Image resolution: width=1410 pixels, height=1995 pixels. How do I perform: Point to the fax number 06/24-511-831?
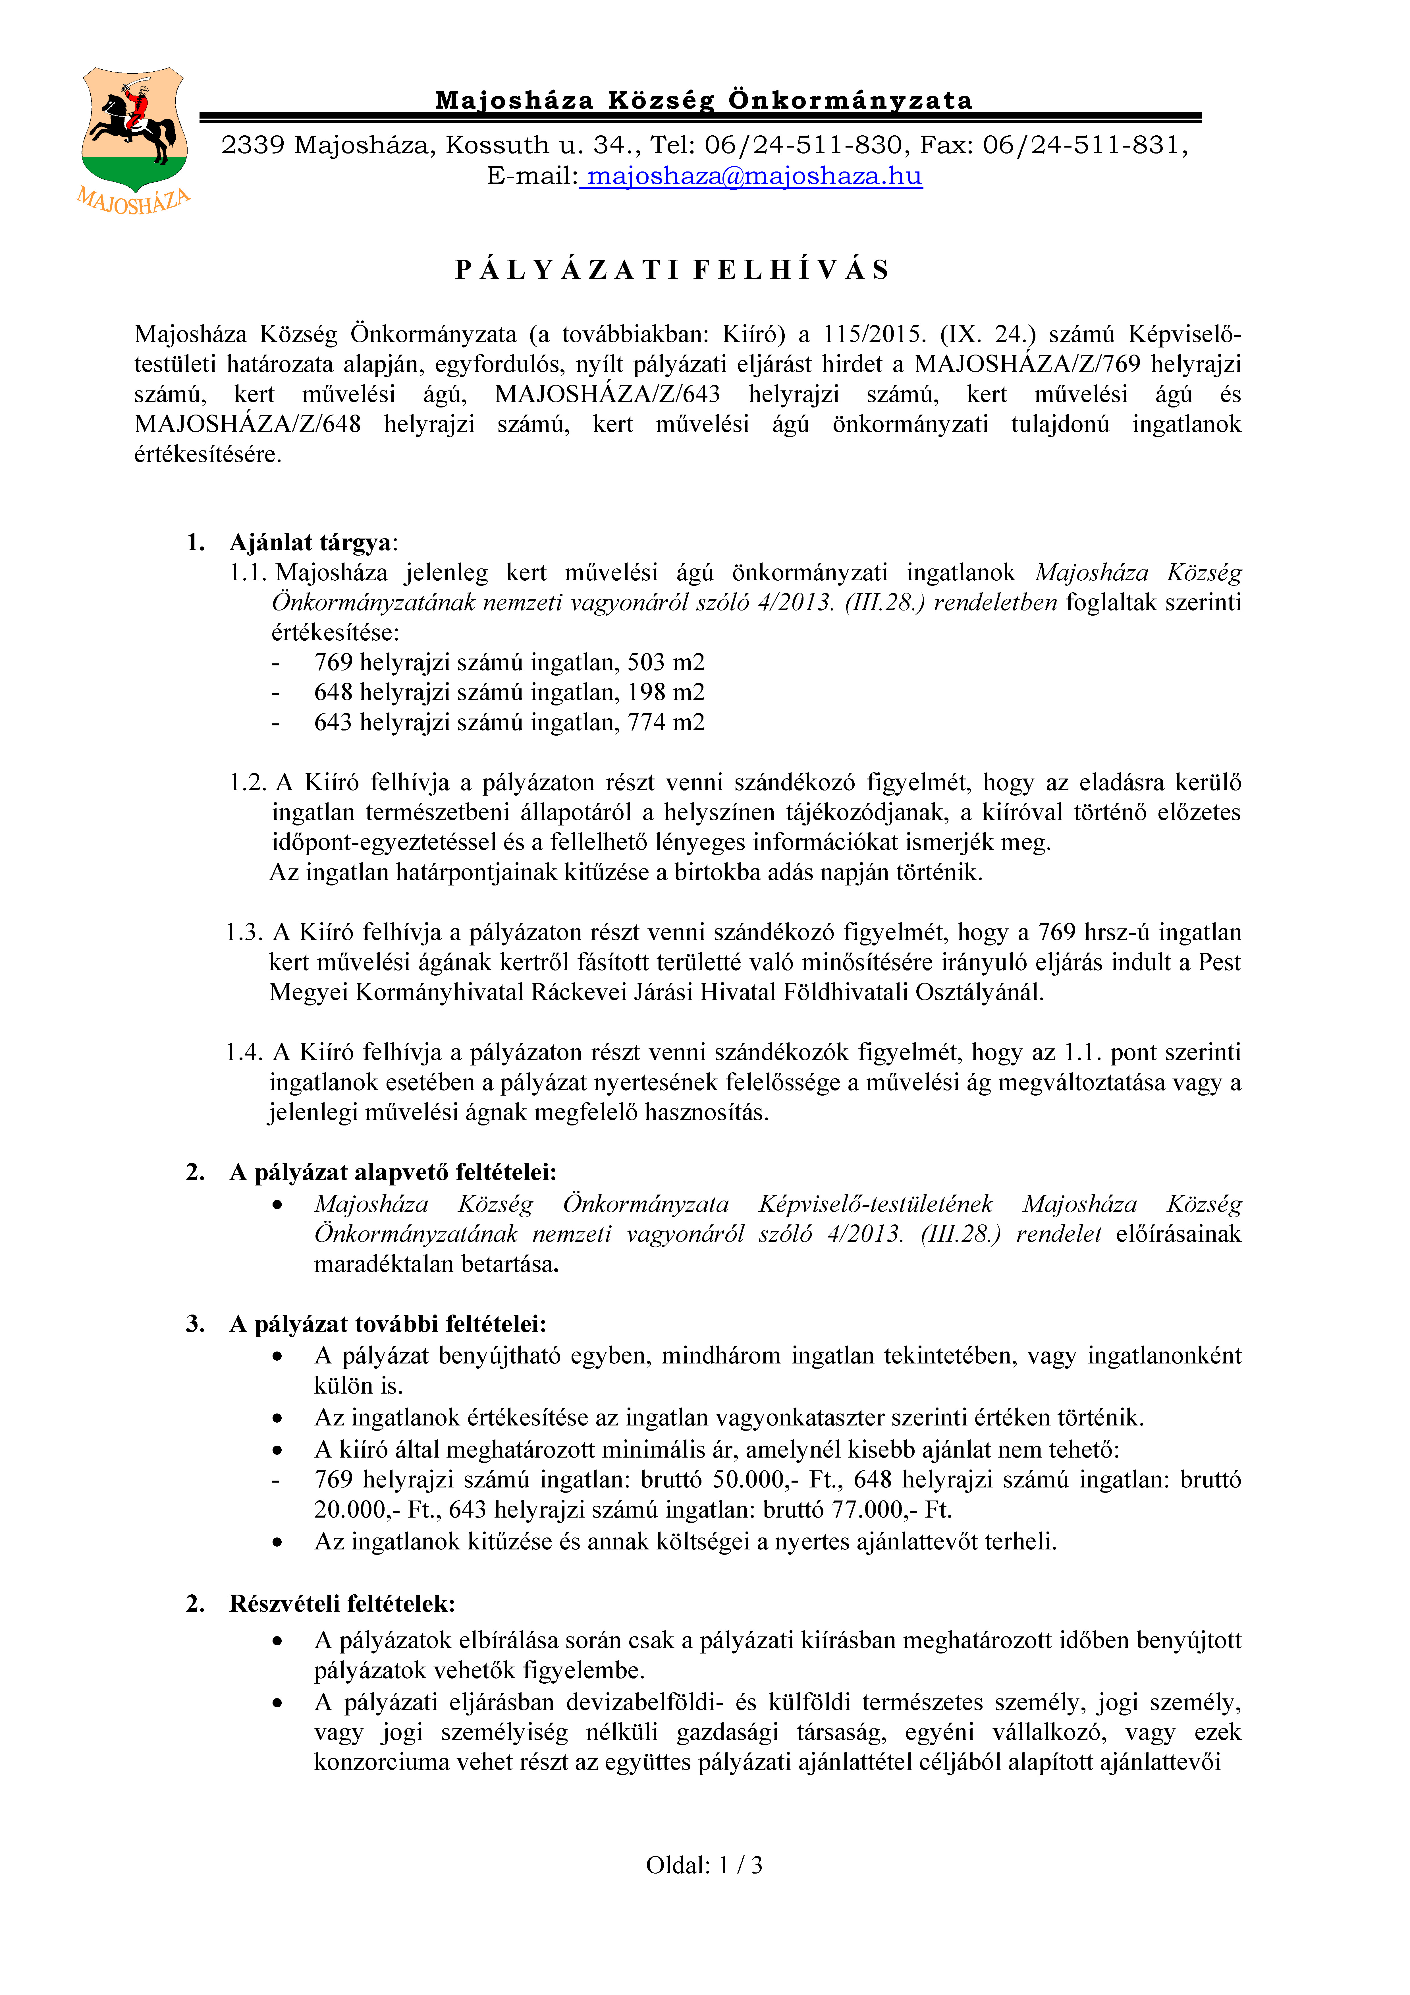point(1082,145)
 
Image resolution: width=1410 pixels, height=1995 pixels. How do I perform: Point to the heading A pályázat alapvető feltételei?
point(393,1172)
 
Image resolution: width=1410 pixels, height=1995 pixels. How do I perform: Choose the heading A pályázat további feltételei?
point(387,1324)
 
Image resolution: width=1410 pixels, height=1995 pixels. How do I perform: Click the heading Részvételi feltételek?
point(342,1603)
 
